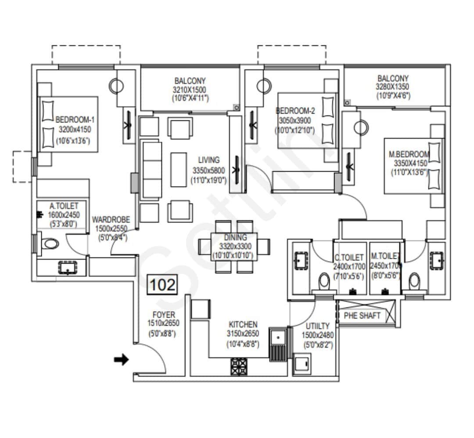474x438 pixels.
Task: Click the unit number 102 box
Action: [x=163, y=285]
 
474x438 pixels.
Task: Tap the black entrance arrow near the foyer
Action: [x=121, y=360]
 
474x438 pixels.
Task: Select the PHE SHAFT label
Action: [x=363, y=316]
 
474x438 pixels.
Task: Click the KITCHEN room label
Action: [x=243, y=324]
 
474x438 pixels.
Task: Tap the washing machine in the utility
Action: [x=302, y=365]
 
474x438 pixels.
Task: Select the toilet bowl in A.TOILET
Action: [x=50, y=244]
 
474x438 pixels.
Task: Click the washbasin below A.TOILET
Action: [x=67, y=267]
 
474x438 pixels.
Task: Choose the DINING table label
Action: [x=234, y=238]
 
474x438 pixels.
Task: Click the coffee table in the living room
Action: [x=178, y=169]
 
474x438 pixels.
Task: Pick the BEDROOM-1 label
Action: [x=75, y=120]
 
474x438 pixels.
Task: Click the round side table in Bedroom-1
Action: [x=116, y=86]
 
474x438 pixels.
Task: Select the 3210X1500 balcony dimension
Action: [x=190, y=90]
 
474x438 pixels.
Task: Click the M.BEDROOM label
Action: [x=409, y=154]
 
